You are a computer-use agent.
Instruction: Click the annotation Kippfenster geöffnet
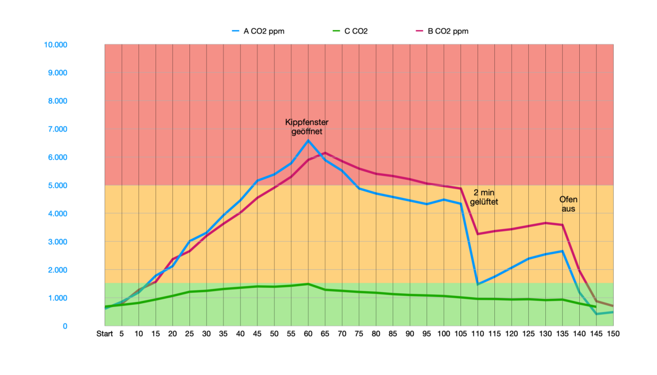point(307,127)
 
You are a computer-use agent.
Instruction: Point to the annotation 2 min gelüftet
point(484,197)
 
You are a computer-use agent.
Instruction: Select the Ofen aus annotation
point(568,204)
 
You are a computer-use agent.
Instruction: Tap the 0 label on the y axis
point(65,326)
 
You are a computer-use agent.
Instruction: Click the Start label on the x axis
point(105,334)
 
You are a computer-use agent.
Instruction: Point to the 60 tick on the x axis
point(308,334)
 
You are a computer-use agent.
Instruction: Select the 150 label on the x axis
point(613,334)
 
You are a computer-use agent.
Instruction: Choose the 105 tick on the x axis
point(460,334)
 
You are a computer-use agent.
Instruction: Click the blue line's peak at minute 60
point(308,140)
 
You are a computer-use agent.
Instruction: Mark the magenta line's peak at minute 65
point(325,153)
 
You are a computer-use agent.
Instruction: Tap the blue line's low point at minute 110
point(477,284)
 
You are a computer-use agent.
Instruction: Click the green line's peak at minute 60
point(308,284)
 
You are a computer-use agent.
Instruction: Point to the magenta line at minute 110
point(477,234)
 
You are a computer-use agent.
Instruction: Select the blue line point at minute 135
point(562,251)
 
